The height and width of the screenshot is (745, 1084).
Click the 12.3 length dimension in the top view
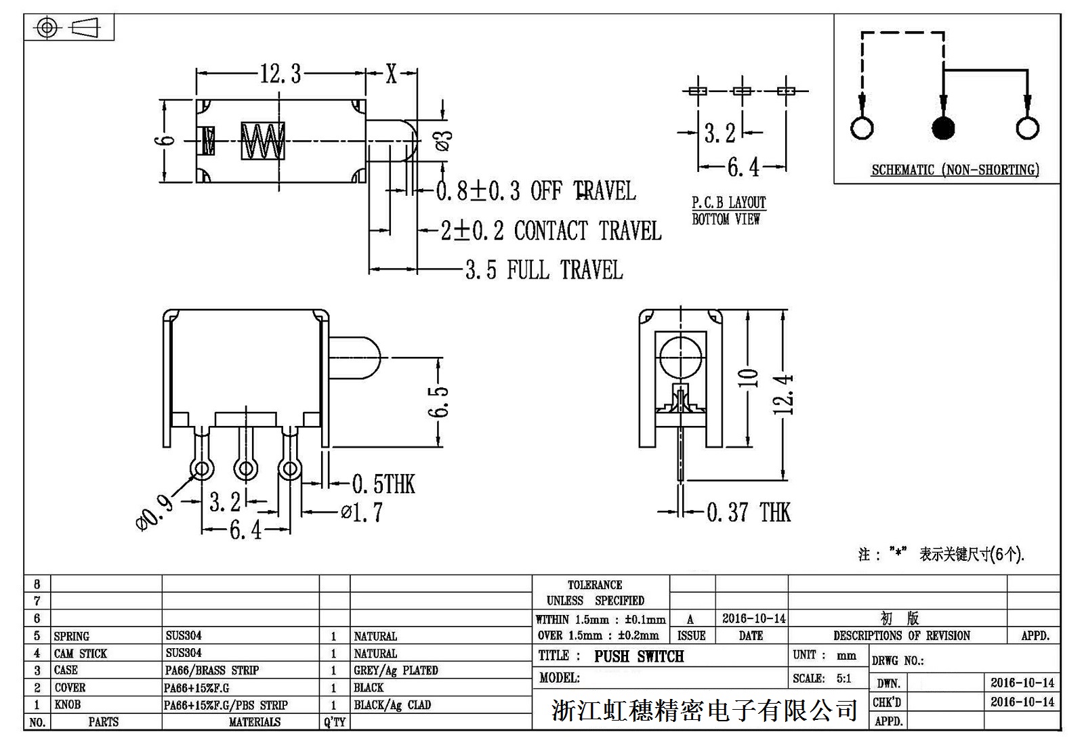tap(280, 73)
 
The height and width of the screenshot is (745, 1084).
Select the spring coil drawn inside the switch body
tap(263, 141)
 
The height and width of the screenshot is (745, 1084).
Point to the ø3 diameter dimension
tap(444, 140)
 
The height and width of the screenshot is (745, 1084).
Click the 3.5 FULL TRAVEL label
tap(544, 270)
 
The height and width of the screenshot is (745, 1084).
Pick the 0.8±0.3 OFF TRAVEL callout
tap(535, 191)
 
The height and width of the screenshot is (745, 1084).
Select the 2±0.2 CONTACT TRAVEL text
tap(551, 231)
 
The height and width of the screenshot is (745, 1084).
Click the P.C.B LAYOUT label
tap(728, 203)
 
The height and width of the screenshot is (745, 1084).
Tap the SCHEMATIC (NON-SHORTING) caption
tap(955, 170)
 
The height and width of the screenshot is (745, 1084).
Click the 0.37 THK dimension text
tap(748, 512)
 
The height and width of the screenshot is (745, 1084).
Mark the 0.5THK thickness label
tap(383, 484)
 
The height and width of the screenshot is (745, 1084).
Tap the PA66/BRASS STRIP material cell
tap(212, 670)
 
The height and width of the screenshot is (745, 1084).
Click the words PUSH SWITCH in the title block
tap(639, 656)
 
